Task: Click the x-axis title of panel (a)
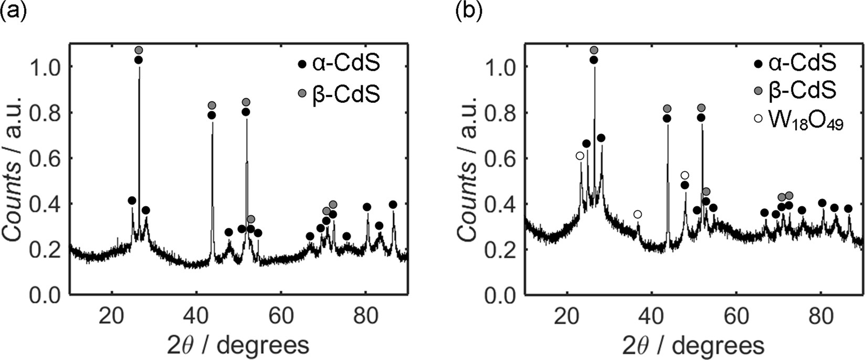coord(239,345)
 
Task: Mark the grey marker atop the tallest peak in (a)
coord(139,50)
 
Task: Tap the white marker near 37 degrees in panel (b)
coord(638,214)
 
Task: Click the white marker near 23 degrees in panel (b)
coord(579,156)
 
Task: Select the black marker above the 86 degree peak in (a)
coord(393,205)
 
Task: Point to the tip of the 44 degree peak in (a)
coord(212,123)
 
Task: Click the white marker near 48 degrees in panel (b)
coord(684,175)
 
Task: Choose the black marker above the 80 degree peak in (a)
coord(367,207)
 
